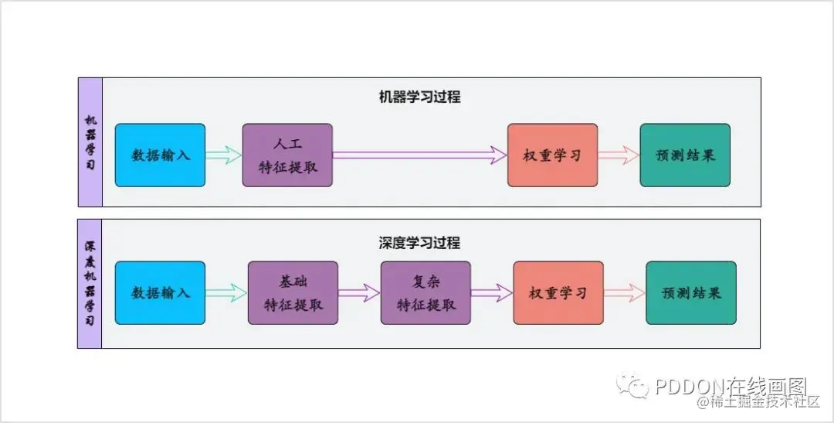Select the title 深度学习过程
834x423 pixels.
[419, 243]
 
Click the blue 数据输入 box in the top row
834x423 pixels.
[160, 155]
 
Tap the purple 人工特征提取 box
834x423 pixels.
[287, 155]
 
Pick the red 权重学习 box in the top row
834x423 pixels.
[552, 155]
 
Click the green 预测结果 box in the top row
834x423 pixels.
[685, 155]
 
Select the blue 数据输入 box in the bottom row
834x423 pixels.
[160, 293]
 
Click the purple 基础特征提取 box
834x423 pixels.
[293, 293]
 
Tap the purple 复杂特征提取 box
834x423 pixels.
[425, 293]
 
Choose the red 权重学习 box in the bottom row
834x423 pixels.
[558, 293]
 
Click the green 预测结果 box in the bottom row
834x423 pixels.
[691, 293]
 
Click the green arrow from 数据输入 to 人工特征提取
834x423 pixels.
[224, 155]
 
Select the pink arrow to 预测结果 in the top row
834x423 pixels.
[619, 155]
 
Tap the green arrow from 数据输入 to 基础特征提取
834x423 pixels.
[226, 293]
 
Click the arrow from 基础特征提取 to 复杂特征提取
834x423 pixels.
[359, 293]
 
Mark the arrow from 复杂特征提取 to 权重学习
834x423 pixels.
[492, 293]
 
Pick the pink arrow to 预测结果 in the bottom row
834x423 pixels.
[625, 293]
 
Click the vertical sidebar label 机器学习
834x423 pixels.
[90, 143]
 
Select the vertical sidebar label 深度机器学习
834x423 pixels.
[90, 283]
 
